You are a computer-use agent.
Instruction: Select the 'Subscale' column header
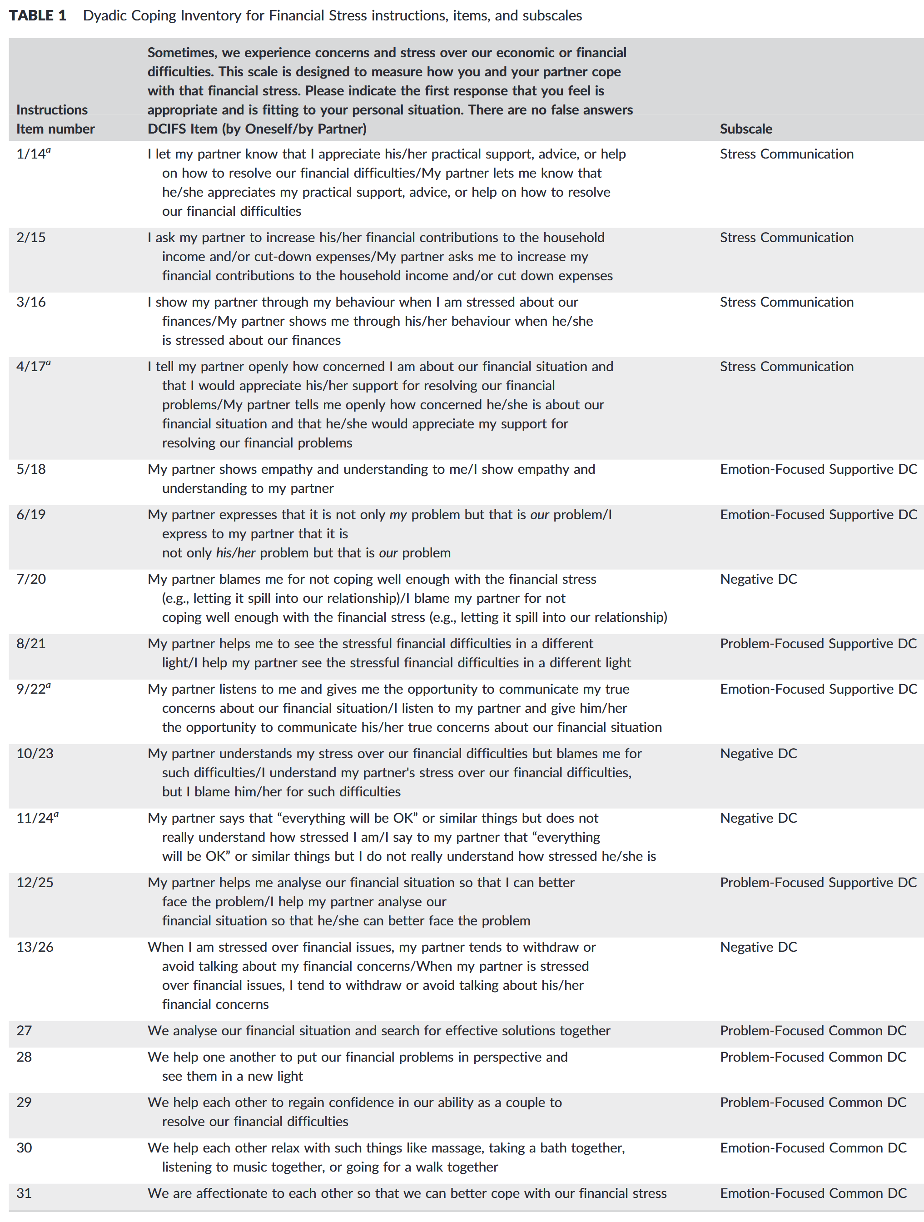tap(745, 129)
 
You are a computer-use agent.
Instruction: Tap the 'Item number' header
tap(55, 129)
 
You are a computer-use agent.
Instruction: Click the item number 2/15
tap(31, 238)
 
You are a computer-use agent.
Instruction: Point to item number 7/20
tap(31, 579)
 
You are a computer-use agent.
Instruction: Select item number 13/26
tap(35, 947)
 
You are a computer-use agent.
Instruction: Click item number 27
tap(24, 1030)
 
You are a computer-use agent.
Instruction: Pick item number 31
tap(24, 1193)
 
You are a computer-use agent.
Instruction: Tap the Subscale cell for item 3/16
tap(786, 302)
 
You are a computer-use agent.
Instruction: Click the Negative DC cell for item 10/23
tap(758, 754)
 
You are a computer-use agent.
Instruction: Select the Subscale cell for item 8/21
tap(818, 644)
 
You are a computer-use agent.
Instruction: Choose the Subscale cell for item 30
tap(813, 1148)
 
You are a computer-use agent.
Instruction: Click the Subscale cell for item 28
tap(813, 1057)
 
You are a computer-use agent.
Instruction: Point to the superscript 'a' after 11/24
tap(56, 815)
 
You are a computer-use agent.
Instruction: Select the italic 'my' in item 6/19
tap(397, 515)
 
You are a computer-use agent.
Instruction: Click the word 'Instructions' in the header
tap(52, 110)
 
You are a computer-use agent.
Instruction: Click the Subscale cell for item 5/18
tap(818, 469)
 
